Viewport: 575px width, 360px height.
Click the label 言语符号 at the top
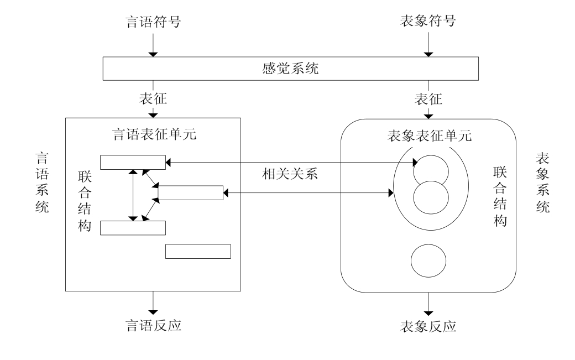tap(154, 23)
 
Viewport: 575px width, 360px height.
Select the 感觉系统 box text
tap(291, 69)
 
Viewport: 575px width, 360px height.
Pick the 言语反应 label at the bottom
tap(154, 325)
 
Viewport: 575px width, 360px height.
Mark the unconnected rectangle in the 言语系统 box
tap(198, 251)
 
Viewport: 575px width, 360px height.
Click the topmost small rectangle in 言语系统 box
tap(133, 161)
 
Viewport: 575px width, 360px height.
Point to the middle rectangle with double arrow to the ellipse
tap(190, 193)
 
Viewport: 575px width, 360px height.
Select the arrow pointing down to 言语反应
tap(154, 302)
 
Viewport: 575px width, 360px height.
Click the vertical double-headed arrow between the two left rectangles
tap(133, 195)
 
